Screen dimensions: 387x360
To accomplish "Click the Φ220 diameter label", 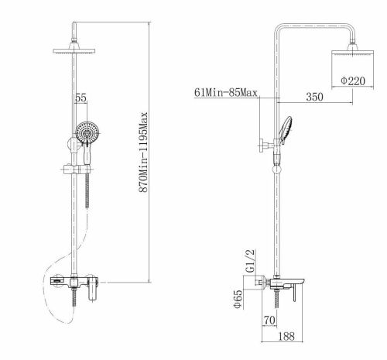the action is tap(353, 81).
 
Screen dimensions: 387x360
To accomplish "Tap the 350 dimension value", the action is tap(314, 97).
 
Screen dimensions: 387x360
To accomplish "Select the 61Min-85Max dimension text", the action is tap(226, 92).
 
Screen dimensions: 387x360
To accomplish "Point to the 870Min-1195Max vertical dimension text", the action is tap(143, 153).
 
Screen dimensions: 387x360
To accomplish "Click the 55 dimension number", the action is tap(80, 98).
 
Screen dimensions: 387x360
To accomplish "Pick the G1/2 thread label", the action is tap(250, 261).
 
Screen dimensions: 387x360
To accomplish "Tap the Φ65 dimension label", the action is tap(238, 299).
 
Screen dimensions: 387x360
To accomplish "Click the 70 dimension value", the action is tap(269, 321).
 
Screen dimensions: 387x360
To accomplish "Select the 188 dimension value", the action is tap(286, 336).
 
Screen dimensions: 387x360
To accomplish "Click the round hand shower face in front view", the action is tap(87, 132).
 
